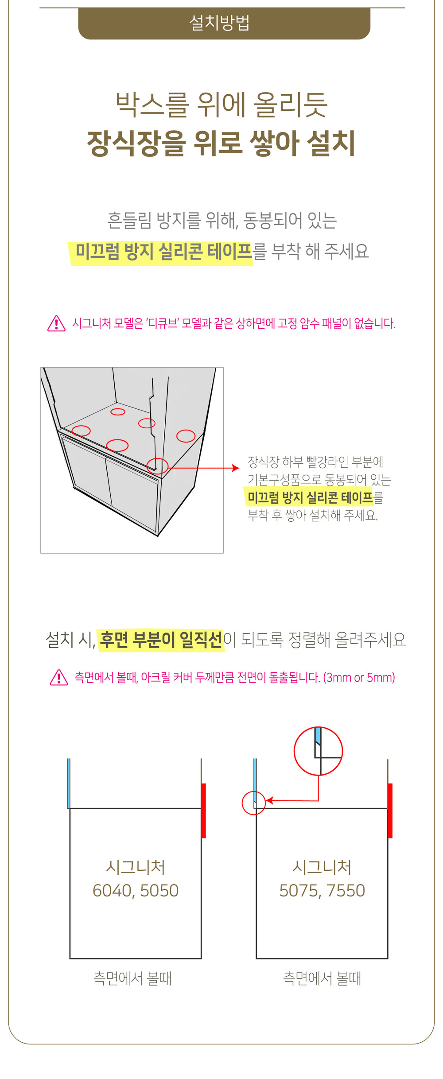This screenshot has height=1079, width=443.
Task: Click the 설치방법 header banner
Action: (x=224, y=23)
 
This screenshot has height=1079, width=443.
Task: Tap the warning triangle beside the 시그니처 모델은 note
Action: (x=56, y=324)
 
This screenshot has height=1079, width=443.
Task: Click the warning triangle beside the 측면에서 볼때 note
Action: (x=59, y=677)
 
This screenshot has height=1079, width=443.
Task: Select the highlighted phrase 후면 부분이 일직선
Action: (x=161, y=640)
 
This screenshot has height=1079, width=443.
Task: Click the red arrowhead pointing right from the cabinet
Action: (x=236, y=468)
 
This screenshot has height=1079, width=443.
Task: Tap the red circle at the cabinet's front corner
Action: (x=157, y=466)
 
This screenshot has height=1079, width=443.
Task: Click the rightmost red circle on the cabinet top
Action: (x=186, y=436)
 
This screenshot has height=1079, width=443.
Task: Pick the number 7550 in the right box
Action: (x=346, y=891)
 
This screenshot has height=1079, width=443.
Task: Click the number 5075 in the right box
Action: (x=298, y=891)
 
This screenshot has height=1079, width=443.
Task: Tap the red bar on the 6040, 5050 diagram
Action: (x=203, y=811)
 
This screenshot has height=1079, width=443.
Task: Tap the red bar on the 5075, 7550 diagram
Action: (x=390, y=811)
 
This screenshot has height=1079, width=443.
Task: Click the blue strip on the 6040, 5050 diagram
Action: (x=69, y=783)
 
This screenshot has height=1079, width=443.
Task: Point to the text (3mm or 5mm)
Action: (x=359, y=678)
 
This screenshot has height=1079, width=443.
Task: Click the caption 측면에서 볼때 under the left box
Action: (x=132, y=978)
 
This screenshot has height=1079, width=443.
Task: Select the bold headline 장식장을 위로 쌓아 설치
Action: (x=221, y=143)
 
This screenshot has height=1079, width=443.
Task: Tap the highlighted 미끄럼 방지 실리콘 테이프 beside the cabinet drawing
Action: (x=310, y=497)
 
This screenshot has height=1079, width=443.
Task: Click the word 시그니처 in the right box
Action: (x=322, y=867)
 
